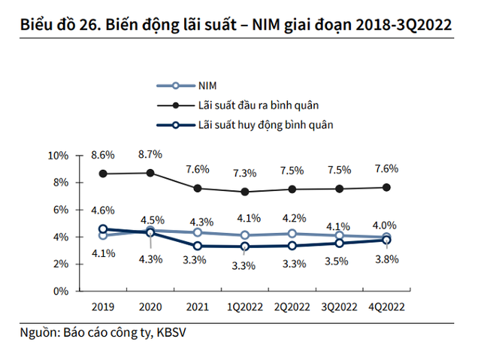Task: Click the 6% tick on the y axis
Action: (60, 210)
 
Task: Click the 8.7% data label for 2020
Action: (150, 154)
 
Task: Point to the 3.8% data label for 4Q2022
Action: (386, 259)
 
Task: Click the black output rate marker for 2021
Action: (197, 188)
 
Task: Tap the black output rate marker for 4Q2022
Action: (386, 187)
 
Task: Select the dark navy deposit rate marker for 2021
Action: (197, 246)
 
